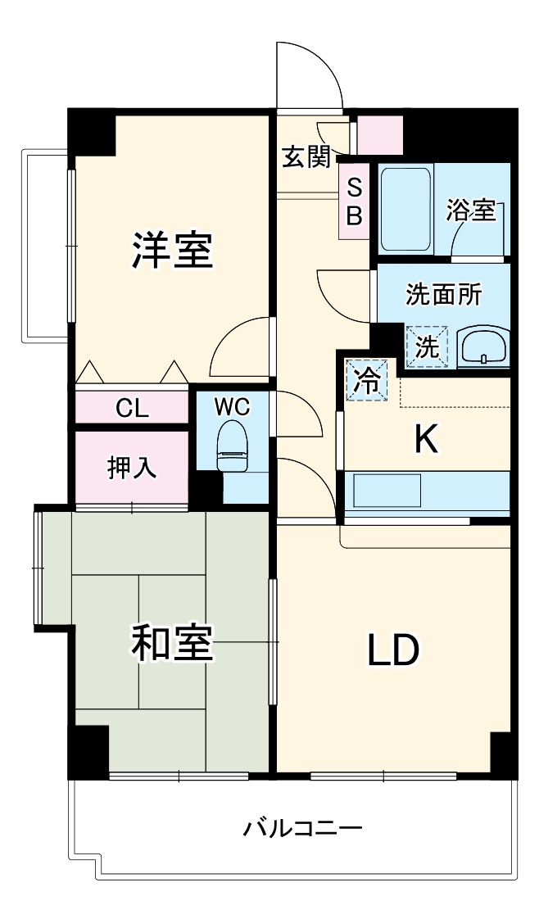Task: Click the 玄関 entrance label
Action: pyautogui.click(x=307, y=156)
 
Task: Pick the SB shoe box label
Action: pyautogui.click(x=354, y=201)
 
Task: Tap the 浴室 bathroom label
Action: pyautogui.click(x=470, y=210)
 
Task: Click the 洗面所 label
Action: pyautogui.click(x=443, y=295)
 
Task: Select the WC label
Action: pyautogui.click(x=232, y=406)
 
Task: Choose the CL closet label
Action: pyautogui.click(x=132, y=408)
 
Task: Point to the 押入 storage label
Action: pyautogui.click(x=132, y=468)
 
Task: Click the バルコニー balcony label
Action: pyautogui.click(x=302, y=828)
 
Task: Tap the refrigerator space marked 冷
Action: pyautogui.click(x=366, y=380)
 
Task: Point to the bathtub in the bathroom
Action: pyautogui.click(x=406, y=209)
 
